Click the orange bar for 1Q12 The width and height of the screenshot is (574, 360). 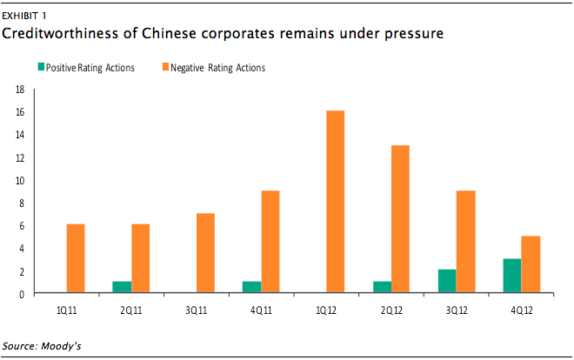(x=336, y=201)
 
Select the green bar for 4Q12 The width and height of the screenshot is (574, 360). (x=512, y=276)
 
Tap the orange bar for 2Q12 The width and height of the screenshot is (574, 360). (x=400, y=219)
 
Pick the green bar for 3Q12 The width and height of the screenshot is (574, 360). (x=447, y=281)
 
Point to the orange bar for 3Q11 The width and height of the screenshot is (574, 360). (x=206, y=253)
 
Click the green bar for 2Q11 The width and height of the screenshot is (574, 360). (x=122, y=287)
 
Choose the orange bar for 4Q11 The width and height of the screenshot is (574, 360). (x=270, y=242)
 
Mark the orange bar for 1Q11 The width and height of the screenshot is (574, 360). (x=76, y=258)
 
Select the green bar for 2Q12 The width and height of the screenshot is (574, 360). (x=383, y=287)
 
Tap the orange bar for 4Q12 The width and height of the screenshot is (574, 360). (x=531, y=264)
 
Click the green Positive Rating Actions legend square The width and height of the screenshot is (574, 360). (x=42, y=67)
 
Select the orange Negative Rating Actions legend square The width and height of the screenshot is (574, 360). (x=165, y=67)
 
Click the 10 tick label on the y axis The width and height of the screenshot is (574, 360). (x=20, y=180)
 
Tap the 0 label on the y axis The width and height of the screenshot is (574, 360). (x=22, y=294)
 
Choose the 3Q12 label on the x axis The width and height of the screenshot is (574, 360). (x=457, y=310)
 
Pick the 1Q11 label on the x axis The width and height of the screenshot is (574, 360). (x=67, y=310)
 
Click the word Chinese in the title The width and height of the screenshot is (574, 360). (x=169, y=33)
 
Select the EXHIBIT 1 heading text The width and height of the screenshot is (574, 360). (x=24, y=16)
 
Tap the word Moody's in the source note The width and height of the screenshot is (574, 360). (x=61, y=346)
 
